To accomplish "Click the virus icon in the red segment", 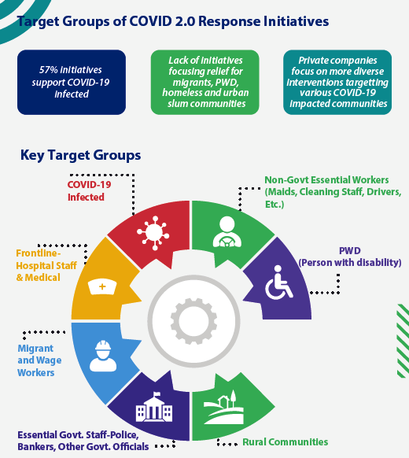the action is coord(153,233).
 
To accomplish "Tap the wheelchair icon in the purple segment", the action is coord(278,283).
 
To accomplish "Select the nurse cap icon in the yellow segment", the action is coord(102,286).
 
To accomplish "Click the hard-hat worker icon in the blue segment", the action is coord(103,356).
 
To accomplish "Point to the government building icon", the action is coord(154,406).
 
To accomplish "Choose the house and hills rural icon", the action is coord(223,407).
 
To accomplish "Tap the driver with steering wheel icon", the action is coord(227,232).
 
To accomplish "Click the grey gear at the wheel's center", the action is coord(193,321).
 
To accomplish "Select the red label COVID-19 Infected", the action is coord(89,190).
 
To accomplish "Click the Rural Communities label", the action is coord(286,442).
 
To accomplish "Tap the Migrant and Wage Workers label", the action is coord(39,360).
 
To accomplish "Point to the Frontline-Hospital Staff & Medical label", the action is coord(46,265).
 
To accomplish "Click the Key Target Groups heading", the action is coord(80,155).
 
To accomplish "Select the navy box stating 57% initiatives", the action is coord(72,82).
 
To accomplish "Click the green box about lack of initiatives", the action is coord(205,82).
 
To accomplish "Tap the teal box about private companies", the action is coord(337,82).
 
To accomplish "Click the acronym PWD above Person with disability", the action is coord(350,250).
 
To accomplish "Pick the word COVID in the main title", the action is coord(151,21).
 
